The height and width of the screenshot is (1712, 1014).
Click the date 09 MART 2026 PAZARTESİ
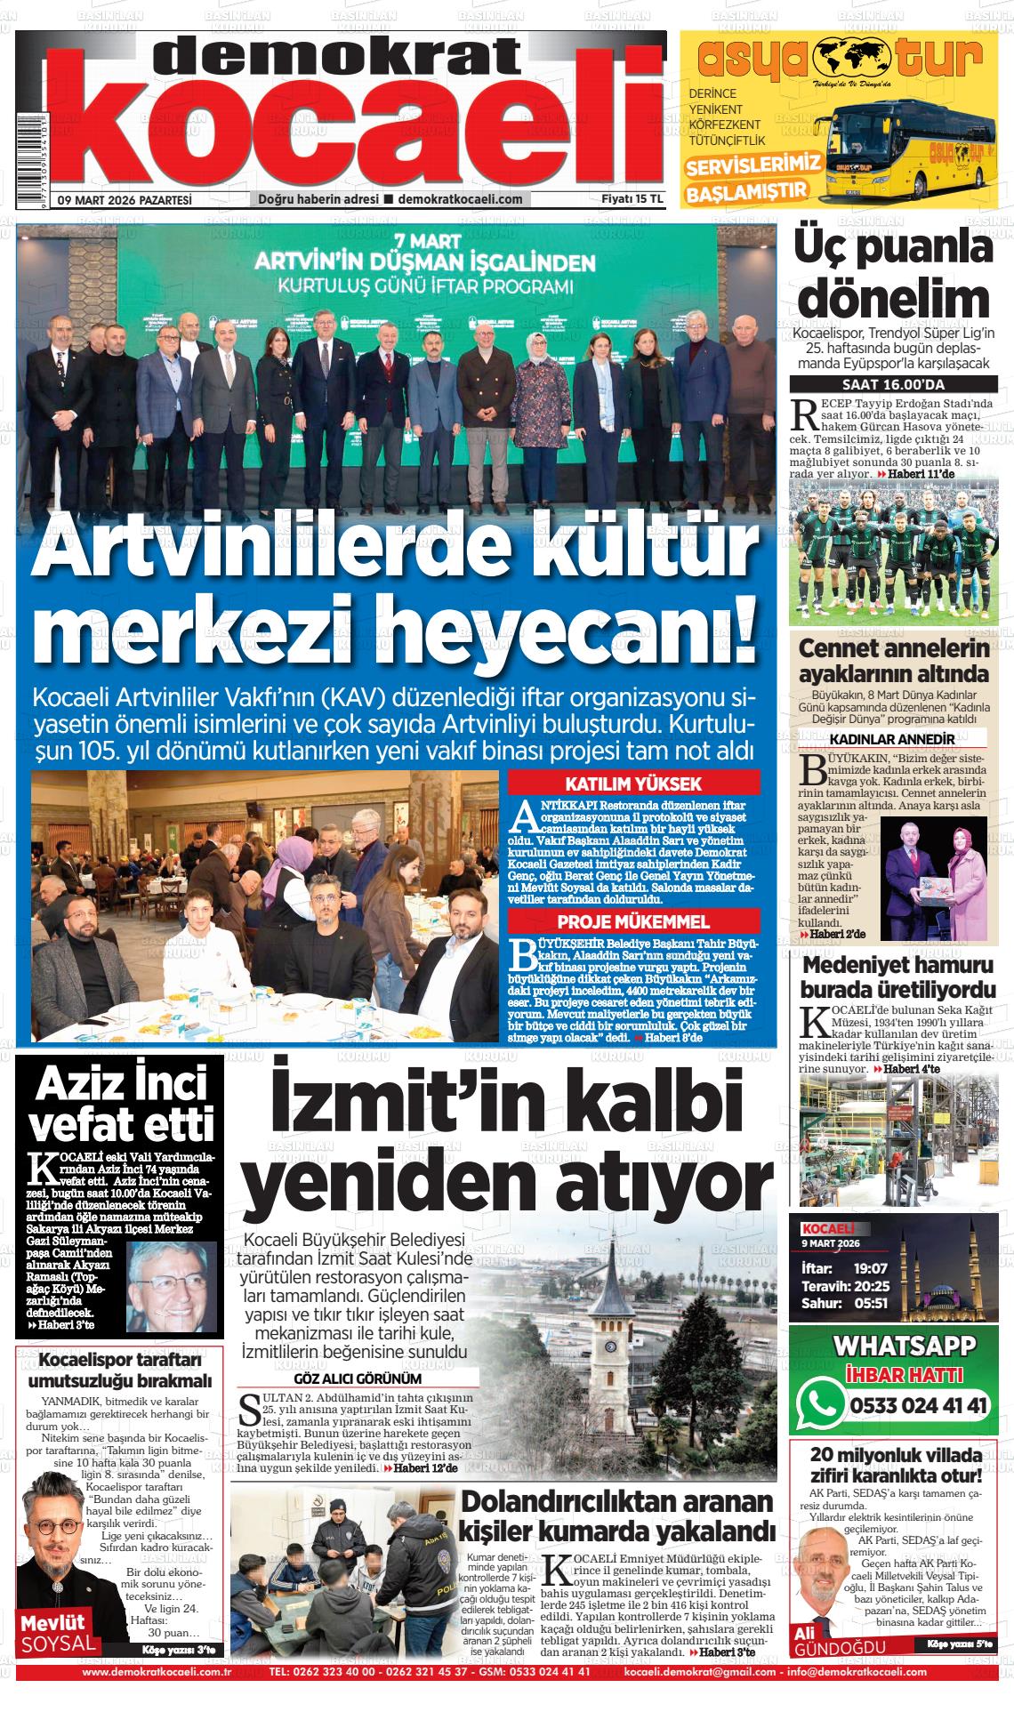click(x=125, y=200)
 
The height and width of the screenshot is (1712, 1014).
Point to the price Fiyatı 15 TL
click(x=632, y=200)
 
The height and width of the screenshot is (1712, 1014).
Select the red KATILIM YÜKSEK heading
click(x=634, y=784)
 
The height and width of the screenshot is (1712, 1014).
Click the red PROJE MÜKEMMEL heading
click(x=633, y=921)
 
